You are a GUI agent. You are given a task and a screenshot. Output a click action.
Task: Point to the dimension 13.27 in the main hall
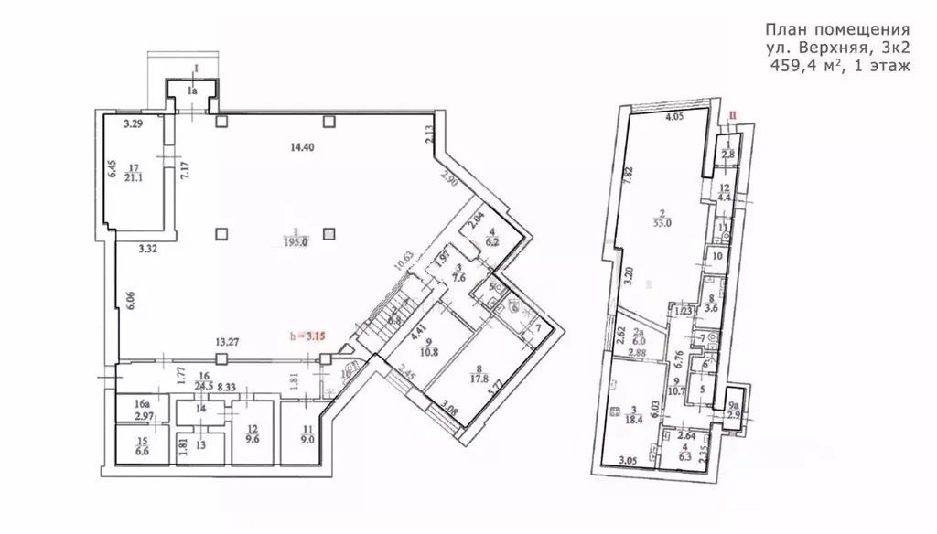click(x=228, y=343)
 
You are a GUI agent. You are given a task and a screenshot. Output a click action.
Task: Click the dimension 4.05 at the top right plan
click(x=674, y=117)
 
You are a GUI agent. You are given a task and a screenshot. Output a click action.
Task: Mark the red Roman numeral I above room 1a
click(x=194, y=68)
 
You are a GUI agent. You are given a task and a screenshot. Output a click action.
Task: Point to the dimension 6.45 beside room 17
click(x=110, y=168)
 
